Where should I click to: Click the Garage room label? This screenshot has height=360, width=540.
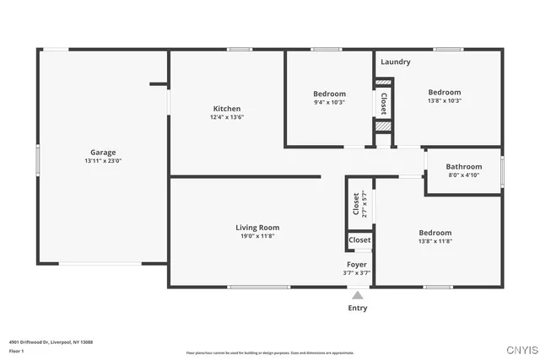[x=103, y=153]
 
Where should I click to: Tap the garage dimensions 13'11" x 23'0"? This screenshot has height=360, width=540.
[x=103, y=161]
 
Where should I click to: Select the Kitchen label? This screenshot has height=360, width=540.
[x=226, y=109]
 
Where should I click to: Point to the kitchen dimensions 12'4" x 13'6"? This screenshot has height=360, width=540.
[x=226, y=117]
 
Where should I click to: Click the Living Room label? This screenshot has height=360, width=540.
[x=257, y=227]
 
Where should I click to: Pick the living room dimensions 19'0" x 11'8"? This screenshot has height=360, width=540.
[x=257, y=236]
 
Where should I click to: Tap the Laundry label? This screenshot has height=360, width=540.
[x=395, y=62]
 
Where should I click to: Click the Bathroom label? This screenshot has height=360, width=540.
[x=463, y=166]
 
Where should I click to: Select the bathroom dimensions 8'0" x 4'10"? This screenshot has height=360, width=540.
[x=463, y=175]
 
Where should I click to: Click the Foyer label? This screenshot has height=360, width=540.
[x=357, y=264]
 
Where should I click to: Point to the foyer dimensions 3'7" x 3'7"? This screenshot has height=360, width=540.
[x=357, y=273]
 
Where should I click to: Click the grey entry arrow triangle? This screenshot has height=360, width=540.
[x=358, y=296]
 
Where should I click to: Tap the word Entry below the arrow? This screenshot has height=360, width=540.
[x=358, y=309]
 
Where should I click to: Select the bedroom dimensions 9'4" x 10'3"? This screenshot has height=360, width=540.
[x=329, y=102]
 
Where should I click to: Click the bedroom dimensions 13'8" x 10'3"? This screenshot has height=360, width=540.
[x=444, y=101]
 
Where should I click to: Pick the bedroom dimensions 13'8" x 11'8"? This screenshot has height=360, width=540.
[x=435, y=241]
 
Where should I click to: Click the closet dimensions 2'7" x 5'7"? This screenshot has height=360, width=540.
[x=364, y=204]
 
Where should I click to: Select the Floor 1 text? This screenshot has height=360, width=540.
[x=17, y=351]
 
